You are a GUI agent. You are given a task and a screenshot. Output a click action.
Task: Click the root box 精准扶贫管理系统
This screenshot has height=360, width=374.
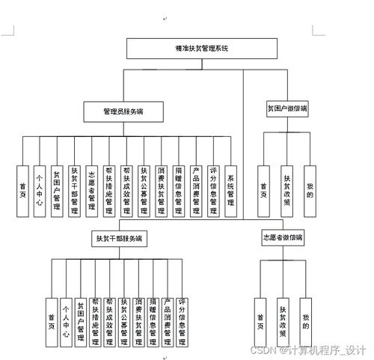[x=202, y=48]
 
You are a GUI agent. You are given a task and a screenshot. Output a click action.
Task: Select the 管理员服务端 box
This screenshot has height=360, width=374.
[x=124, y=111]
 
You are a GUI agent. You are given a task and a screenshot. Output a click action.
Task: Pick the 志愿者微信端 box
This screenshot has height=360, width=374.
[x=283, y=237]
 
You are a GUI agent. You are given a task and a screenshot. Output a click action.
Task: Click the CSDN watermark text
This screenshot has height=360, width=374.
[x=307, y=350]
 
